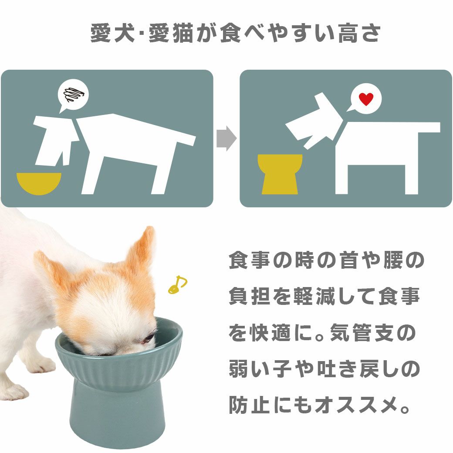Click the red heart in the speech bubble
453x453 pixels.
click(x=366, y=99)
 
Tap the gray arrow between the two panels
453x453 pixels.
click(x=226, y=139)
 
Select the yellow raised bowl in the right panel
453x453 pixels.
click(x=280, y=174)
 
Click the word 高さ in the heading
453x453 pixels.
click(x=359, y=34)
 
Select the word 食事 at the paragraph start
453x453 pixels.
click(x=248, y=260)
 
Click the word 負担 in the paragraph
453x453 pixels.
click(x=248, y=297)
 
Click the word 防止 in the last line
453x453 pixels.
click(x=248, y=406)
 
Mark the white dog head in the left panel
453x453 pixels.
click(x=52, y=139)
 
